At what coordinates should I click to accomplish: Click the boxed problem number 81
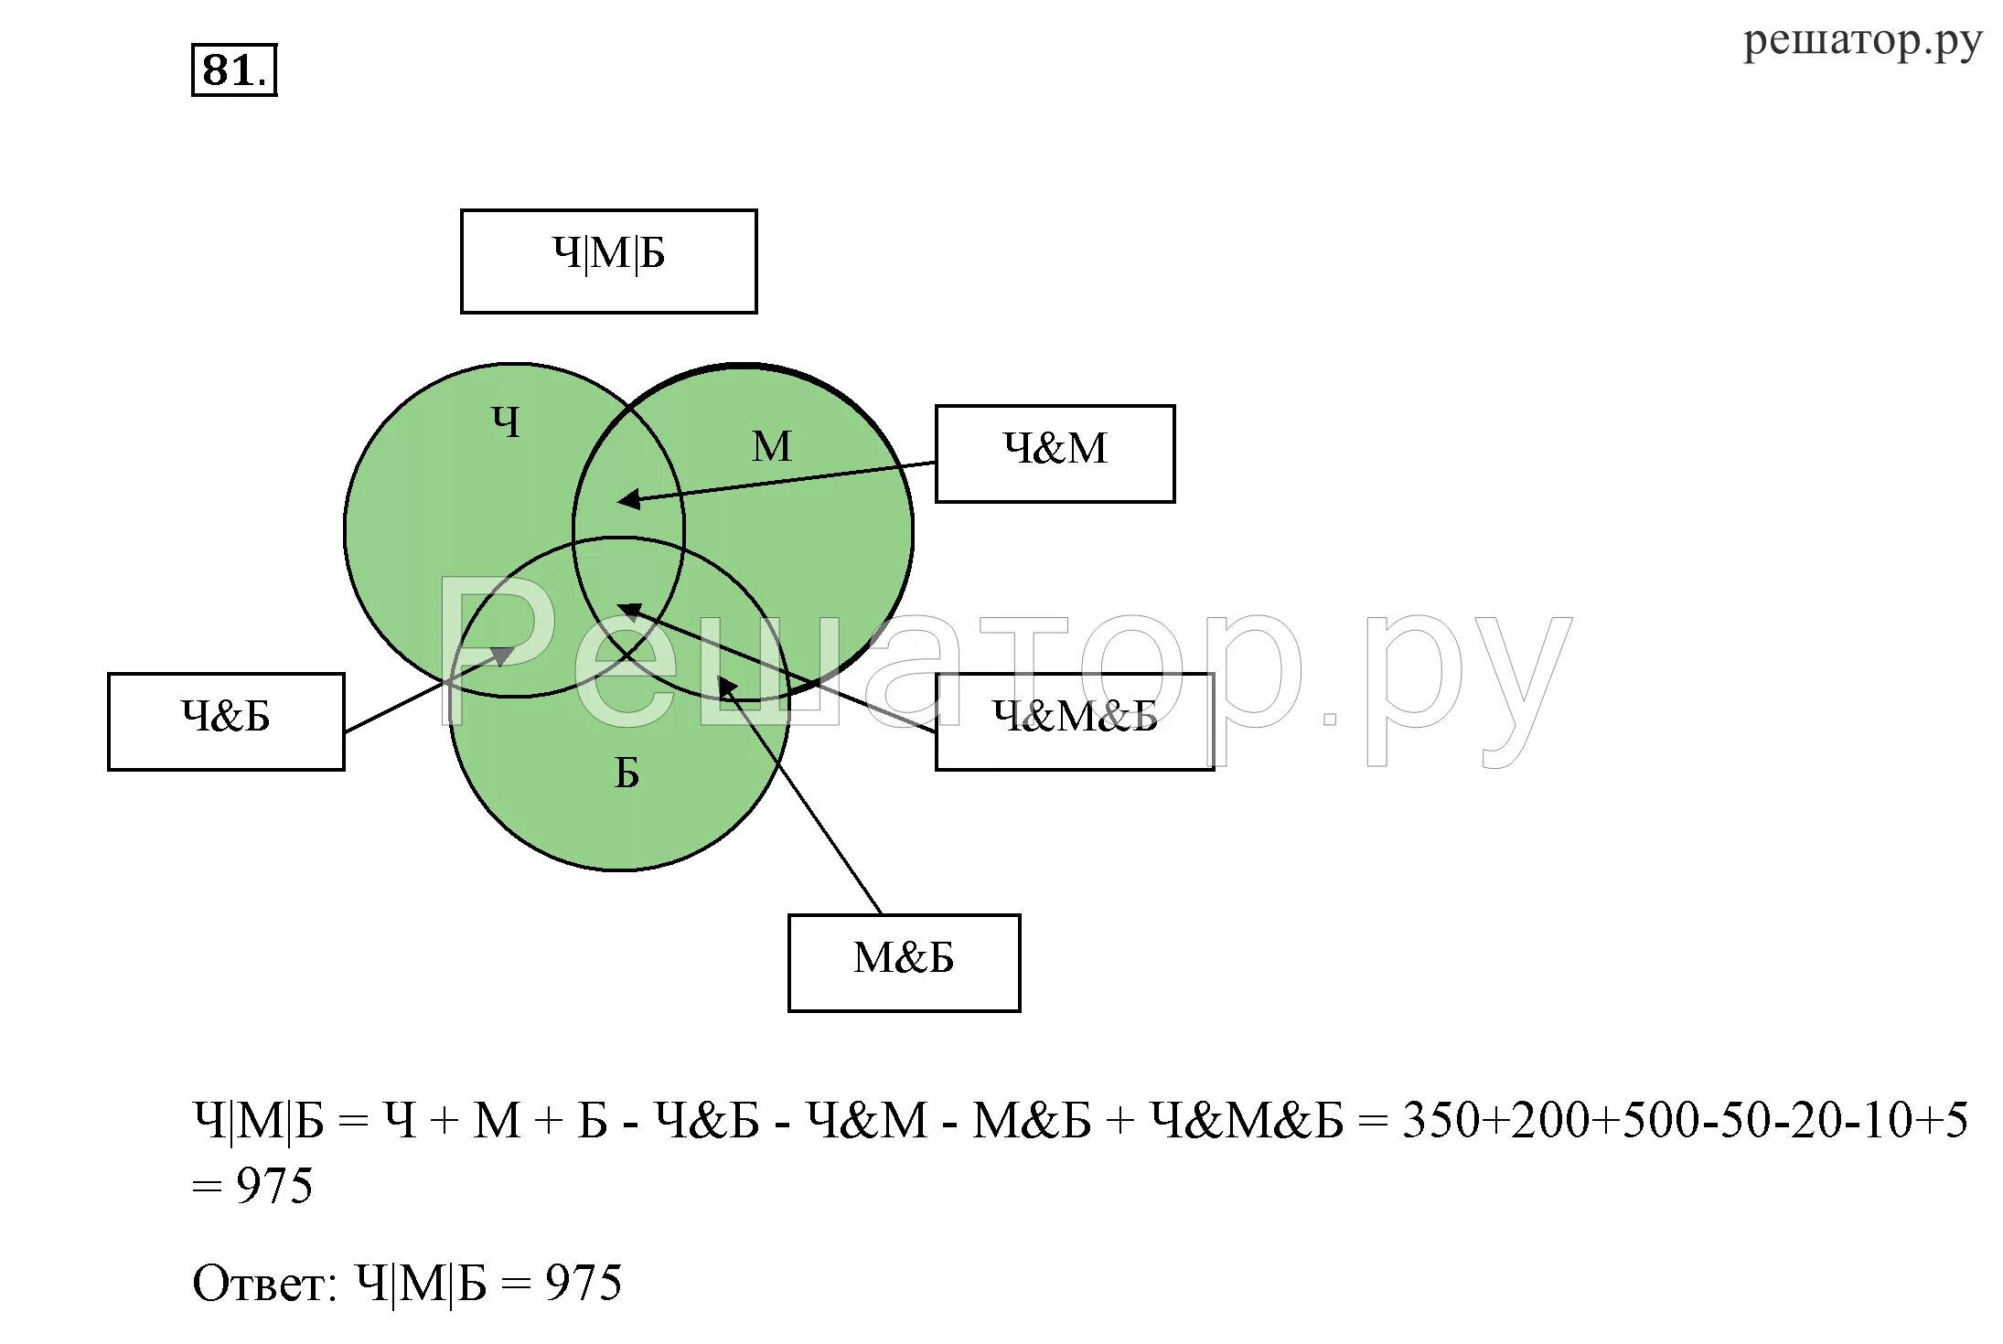(x=233, y=70)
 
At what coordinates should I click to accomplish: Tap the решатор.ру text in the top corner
(x=1862, y=41)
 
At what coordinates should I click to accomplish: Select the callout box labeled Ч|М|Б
(x=608, y=261)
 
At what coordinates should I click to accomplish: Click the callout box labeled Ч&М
(x=1055, y=453)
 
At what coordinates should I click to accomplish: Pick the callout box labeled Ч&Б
(x=226, y=721)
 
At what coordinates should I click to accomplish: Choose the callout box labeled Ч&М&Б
(x=1075, y=721)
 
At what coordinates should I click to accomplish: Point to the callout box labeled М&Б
(x=904, y=963)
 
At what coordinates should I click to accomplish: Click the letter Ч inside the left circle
(x=506, y=422)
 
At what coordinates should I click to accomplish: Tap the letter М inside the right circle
(x=771, y=447)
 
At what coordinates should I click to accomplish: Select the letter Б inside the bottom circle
(x=627, y=773)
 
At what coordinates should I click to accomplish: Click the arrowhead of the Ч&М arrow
(x=627, y=499)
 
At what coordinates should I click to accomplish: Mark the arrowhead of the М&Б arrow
(x=726, y=687)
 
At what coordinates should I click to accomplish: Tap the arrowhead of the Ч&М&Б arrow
(x=628, y=610)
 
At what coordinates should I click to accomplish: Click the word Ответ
(x=263, y=1283)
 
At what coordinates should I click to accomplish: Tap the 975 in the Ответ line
(x=584, y=1283)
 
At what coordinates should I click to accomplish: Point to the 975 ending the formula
(x=273, y=1186)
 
